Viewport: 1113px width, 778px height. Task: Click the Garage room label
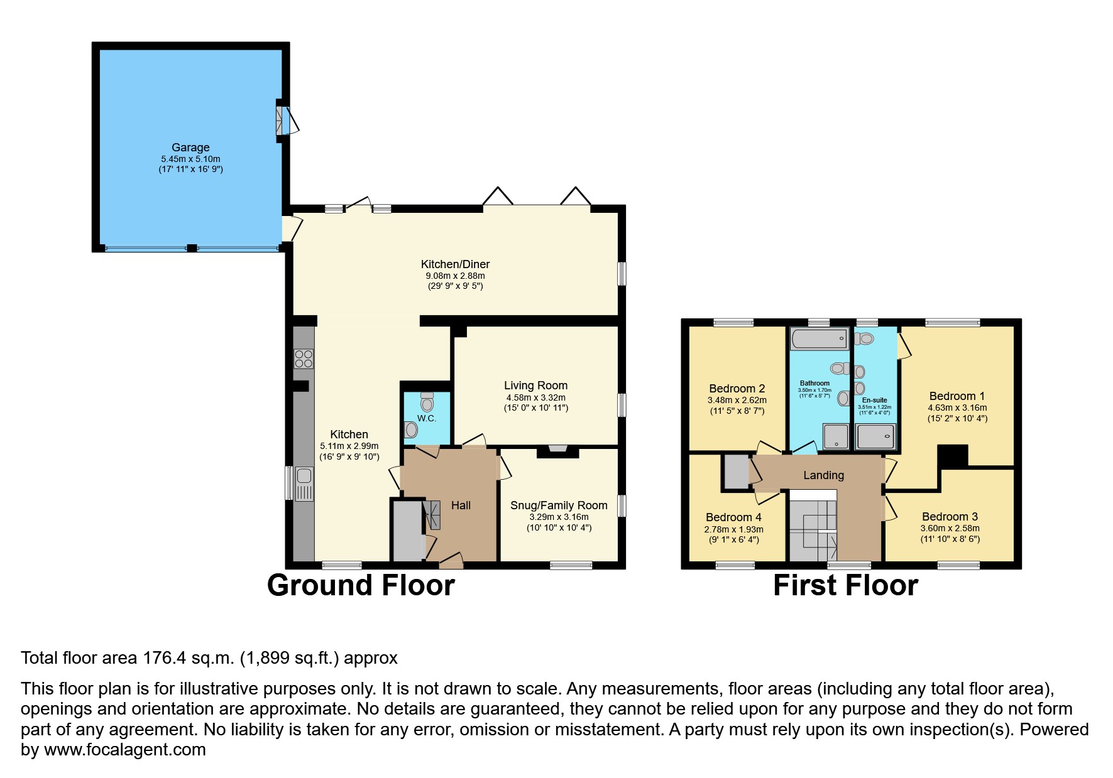click(x=190, y=148)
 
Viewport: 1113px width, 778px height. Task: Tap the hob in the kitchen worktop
click(x=304, y=359)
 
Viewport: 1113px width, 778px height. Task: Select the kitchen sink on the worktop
click(x=304, y=483)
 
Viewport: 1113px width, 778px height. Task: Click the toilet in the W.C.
click(x=427, y=401)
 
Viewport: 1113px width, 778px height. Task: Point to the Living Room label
click(x=535, y=386)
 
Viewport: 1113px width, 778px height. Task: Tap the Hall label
click(x=461, y=505)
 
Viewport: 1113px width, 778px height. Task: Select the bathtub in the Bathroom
click(x=819, y=339)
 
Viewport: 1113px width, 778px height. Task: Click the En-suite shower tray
click(x=875, y=436)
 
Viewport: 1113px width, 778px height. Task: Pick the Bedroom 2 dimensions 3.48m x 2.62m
click(x=737, y=400)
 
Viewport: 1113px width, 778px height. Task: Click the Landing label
click(x=823, y=475)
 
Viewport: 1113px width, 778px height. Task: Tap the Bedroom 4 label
click(x=733, y=517)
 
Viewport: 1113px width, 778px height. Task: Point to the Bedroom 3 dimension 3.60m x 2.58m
click(x=950, y=528)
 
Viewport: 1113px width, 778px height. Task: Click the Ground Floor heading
click(x=361, y=585)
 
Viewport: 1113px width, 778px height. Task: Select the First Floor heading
click(x=845, y=585)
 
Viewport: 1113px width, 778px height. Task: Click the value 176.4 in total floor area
click(x=162, y=658)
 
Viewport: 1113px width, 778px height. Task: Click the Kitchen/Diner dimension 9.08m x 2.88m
click(x=455, y=276)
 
